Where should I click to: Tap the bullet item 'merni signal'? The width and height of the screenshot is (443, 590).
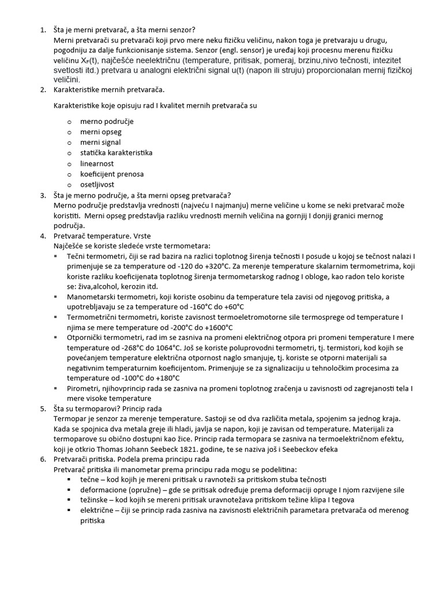(100, 142)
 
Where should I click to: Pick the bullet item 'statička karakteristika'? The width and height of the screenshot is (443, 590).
(116, 153)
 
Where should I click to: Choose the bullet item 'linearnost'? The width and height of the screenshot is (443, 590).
(97, 164)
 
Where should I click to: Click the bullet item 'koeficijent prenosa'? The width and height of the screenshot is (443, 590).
(112, 174)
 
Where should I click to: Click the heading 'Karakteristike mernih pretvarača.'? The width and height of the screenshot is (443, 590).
(109, 90)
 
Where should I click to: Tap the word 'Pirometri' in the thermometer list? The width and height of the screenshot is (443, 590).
(83, 388)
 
